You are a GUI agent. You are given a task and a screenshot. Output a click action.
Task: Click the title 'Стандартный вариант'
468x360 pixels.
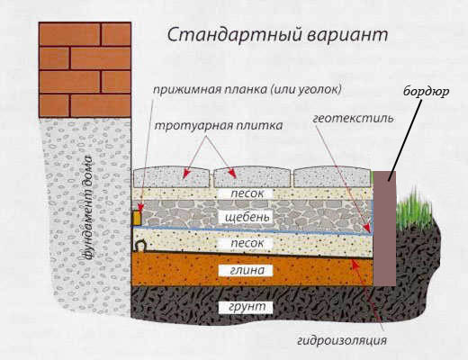277,35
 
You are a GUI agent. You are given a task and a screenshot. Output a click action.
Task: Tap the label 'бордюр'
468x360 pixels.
426,91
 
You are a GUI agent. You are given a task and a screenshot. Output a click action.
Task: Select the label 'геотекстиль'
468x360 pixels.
353,118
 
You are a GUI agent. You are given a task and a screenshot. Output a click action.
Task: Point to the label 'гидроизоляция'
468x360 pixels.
342,340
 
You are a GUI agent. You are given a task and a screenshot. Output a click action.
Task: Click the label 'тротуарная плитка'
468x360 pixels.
219,125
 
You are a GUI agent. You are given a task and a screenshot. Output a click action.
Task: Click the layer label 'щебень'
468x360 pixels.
247,217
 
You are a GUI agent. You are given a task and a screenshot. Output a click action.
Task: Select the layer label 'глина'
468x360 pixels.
247,271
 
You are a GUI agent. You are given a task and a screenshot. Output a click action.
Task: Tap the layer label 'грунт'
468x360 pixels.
247,307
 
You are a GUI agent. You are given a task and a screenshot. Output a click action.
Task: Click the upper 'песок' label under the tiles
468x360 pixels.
247,193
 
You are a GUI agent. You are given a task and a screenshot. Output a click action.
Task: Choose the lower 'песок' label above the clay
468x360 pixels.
247,243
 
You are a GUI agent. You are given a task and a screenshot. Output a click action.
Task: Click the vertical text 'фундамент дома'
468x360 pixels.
87,207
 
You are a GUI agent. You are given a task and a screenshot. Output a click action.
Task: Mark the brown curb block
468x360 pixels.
384,229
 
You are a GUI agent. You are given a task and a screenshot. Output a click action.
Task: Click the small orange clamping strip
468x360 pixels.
137,218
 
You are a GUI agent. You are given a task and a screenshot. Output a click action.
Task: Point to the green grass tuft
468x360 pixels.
413,207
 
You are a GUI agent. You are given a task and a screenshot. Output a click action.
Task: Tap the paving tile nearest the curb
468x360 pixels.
332,177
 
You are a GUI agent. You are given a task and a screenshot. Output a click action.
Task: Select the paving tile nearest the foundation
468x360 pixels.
171,177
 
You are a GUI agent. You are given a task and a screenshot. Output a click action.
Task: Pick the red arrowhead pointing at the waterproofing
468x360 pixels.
355,262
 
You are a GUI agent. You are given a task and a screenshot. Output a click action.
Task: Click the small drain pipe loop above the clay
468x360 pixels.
140,245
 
